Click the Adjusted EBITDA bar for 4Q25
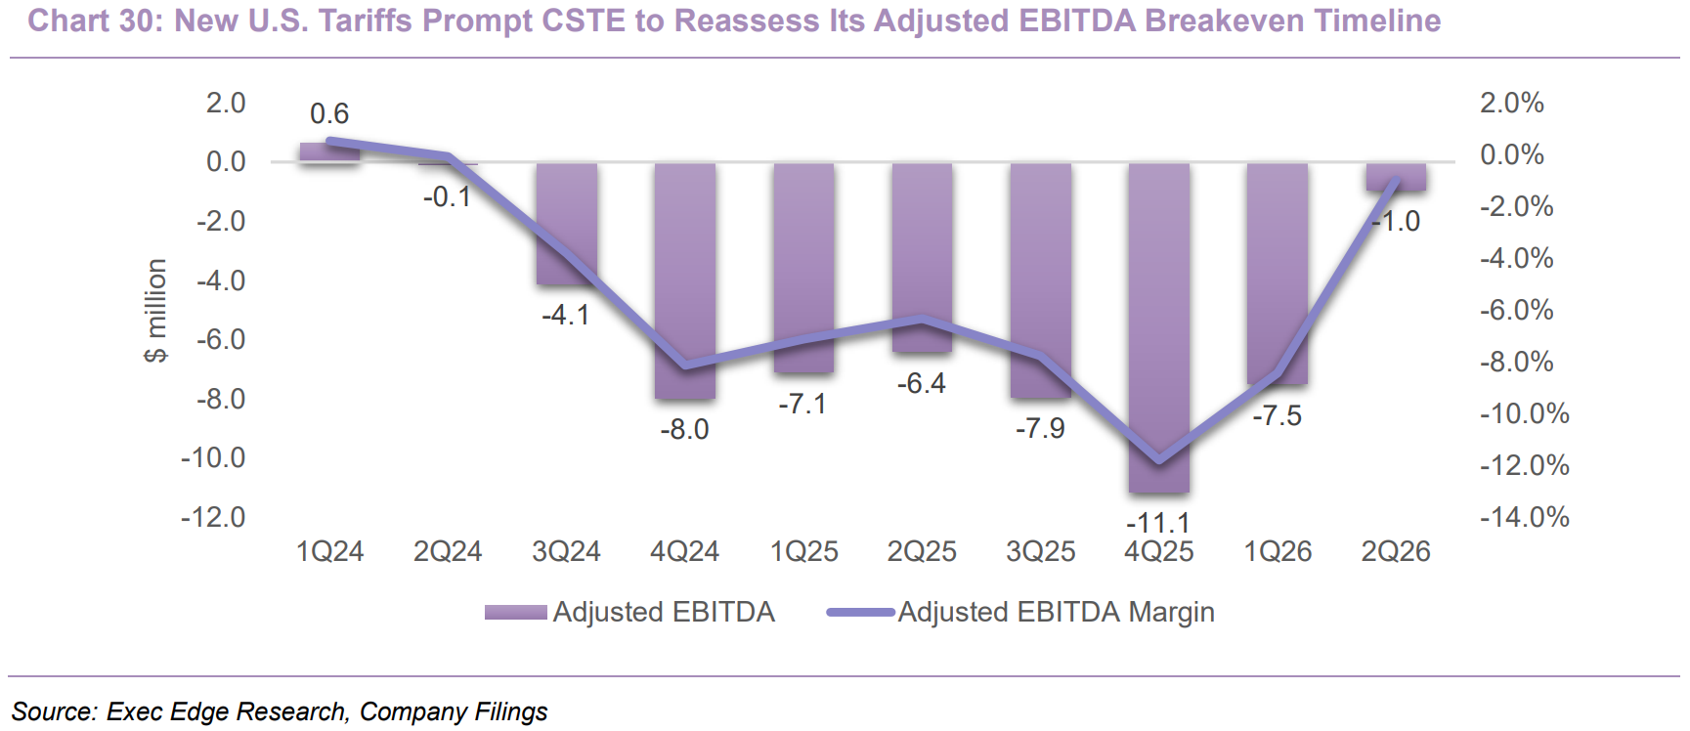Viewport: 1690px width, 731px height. coord(1159,327)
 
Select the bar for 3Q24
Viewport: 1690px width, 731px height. coord(566,224)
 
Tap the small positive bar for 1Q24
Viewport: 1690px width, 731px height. coord(329,152)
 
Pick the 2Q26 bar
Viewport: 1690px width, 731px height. coord(1396,177)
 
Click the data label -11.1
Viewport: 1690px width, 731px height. coord(1158,523)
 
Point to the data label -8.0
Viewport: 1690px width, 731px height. coord(684,429)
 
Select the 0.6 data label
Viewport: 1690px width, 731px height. coord(329,113)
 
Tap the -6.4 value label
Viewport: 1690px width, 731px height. coord(922,383)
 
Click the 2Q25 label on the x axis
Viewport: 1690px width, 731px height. coord(922,551)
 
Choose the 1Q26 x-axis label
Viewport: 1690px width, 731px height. coord(1278,551)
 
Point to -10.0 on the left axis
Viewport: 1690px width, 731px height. coord(213,457)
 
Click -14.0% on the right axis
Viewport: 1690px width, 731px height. coord(1525,516)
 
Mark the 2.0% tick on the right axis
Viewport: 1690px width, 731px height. coord(1512,103)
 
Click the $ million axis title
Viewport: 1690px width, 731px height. coord(155,311)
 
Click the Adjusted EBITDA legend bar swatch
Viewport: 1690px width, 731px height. coord(516,613)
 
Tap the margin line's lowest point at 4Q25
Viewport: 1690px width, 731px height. coord(1159,460)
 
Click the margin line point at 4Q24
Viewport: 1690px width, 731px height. coord(684,366)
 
